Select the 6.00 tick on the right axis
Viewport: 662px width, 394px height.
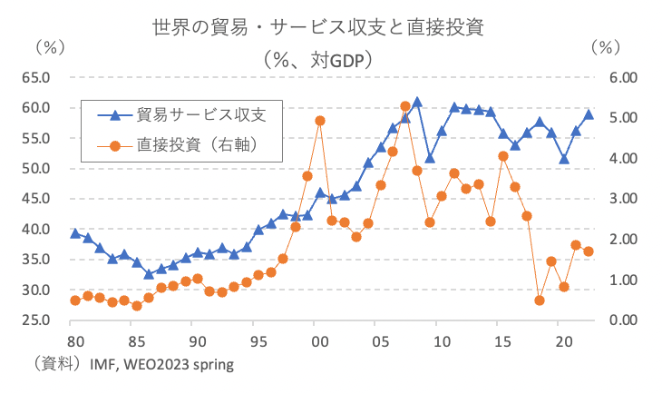pyautogui.click(x=619, y=77)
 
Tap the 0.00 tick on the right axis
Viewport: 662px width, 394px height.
pyautogui.click(x=619, y=320)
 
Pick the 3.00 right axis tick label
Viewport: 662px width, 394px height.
pyautogui.click(x=619, y=199)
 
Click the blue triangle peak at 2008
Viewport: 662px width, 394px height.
pyautogui.click(x=417, y=103)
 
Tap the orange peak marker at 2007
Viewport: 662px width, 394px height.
pyautogui.click(x=405, y=106)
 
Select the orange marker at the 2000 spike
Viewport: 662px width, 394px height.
pyautogui.click(x=320, y=121)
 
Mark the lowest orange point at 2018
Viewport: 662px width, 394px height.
pyautogui.click(x=540, y=300)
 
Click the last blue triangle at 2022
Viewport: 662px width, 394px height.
pyautogui.click(x=589, y=114)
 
